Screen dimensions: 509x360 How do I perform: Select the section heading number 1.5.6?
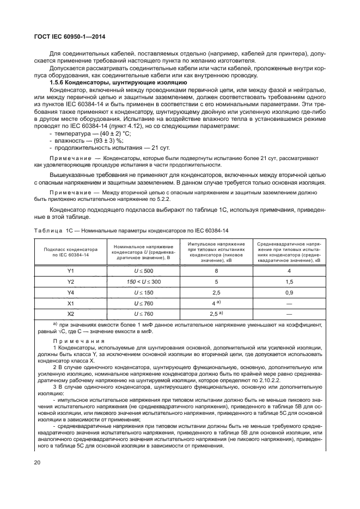tap(58, 82)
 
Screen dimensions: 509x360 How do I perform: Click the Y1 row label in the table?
tap(70, 271)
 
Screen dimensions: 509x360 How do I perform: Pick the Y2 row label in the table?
tap(70, 281)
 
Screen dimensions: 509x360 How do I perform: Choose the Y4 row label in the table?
tap(70, 292)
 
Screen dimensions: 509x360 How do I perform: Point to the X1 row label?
tap(70, 303)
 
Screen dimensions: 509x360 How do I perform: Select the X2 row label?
tap(70, 314)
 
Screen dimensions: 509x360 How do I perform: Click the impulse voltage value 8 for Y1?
tap(216, 271)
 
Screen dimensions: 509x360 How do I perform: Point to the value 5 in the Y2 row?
tap(216, 281)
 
